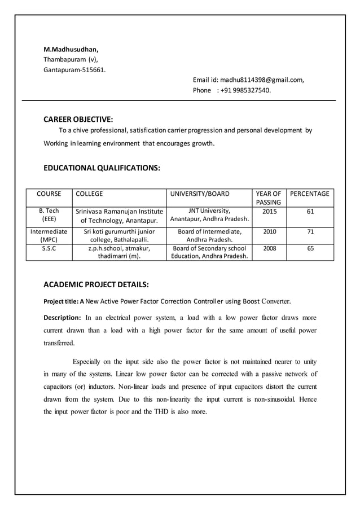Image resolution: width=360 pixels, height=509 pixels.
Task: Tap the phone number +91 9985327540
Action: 245,90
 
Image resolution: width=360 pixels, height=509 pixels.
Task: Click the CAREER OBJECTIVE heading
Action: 78,119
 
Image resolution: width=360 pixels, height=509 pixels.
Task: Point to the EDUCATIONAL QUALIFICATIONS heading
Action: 102,168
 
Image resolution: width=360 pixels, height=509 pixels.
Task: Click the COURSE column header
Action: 49,194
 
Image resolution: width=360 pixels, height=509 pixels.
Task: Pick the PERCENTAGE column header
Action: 310,194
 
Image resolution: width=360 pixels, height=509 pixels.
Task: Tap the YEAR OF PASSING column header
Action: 269,198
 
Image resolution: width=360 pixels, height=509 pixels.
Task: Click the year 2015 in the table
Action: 269,212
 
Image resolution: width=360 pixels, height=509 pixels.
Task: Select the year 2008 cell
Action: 269,248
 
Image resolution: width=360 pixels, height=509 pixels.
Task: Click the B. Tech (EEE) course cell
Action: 49,216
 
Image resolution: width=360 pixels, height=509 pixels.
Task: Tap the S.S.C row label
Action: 49,248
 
